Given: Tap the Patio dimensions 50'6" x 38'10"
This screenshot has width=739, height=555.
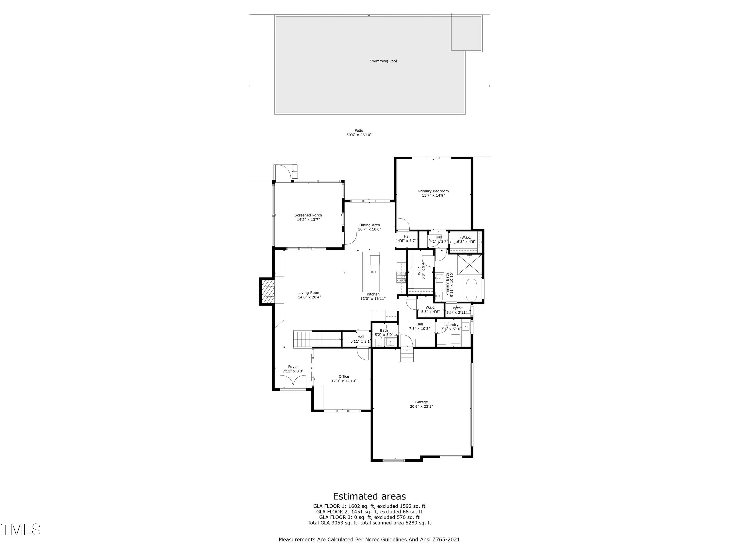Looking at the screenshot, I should click(359, 135).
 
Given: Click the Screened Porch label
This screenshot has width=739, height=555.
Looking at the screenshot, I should click(308, 215).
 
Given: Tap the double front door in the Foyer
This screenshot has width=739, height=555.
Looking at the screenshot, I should click(293, 382).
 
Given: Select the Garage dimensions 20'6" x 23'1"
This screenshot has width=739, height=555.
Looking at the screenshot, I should click(421, 407).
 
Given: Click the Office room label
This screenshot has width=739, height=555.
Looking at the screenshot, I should click(344, 376).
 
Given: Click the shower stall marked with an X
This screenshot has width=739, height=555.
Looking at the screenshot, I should click(470, 265).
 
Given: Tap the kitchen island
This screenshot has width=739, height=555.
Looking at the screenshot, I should click(371, 272).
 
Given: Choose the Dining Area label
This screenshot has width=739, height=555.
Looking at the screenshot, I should click(369, 225).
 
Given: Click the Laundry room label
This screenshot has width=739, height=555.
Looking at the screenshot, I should click(451, 325).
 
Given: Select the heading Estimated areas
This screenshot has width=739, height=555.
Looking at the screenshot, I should click(369, 496).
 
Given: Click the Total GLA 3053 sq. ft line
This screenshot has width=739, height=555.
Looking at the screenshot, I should click(369, 522).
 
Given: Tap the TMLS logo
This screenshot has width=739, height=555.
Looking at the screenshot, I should click(21, 530).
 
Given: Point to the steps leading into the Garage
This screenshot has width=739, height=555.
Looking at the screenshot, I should click(407, 355).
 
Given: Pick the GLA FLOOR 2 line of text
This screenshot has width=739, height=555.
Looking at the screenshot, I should click(369, 512).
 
